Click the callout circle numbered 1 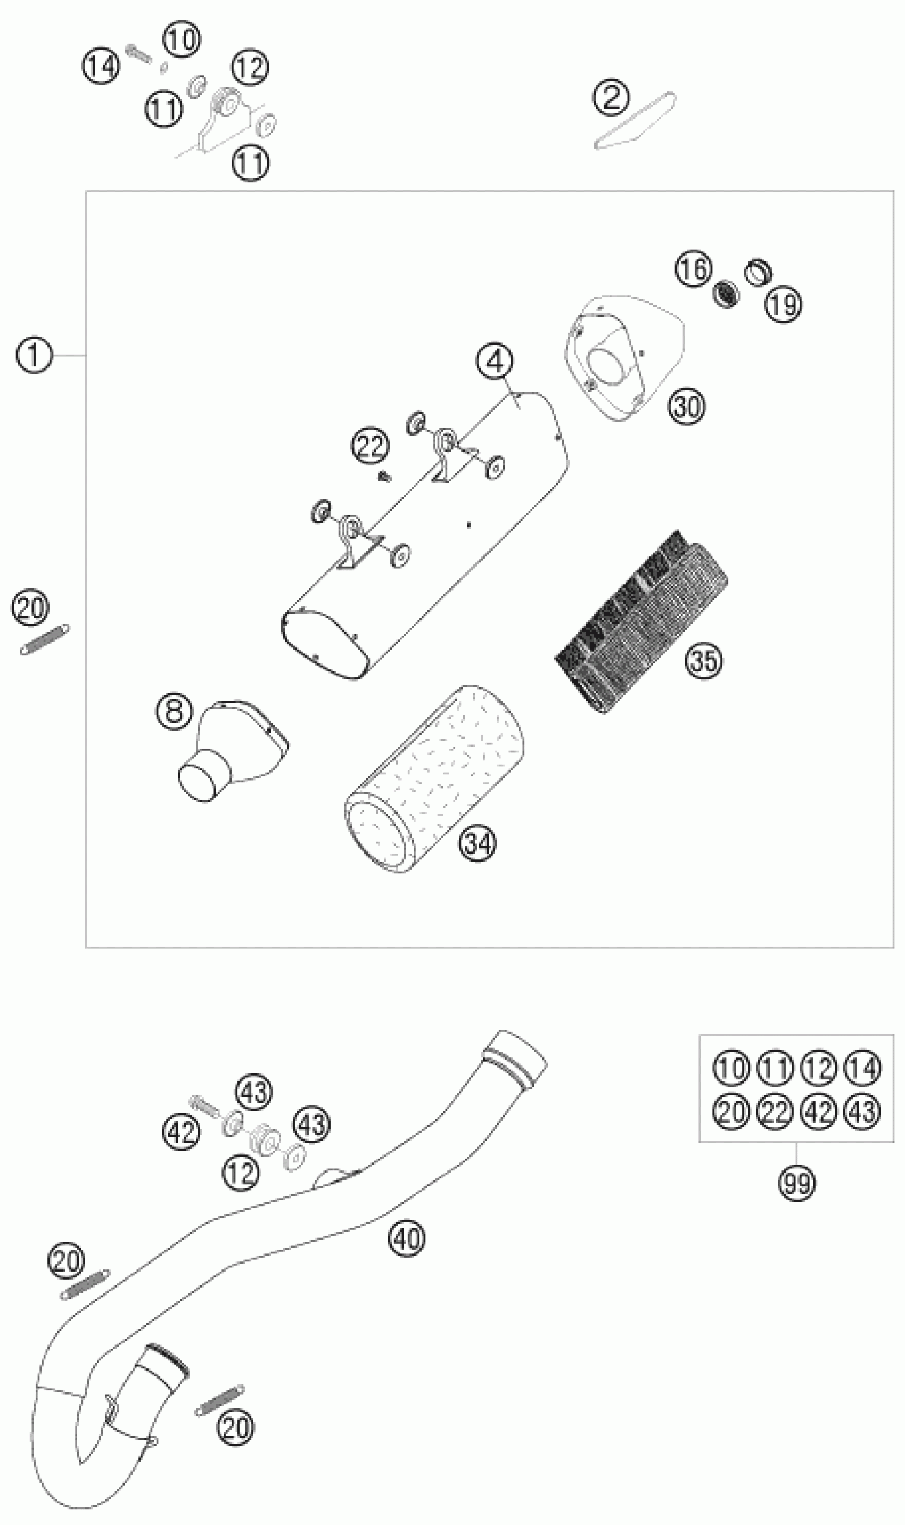click(x=34, y=356)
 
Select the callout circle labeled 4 click(x=495, y=362)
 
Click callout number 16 click(x=693, y=268)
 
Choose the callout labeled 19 click(x=784, y=304)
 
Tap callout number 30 click(x=686, y=406)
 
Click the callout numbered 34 click(x=478, y=843)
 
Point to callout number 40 click(x=407, y=1239)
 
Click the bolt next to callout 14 click(x=139, y=53)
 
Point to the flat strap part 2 click(x=634, y=122)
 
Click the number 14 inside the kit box click(x=862, y=1069)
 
